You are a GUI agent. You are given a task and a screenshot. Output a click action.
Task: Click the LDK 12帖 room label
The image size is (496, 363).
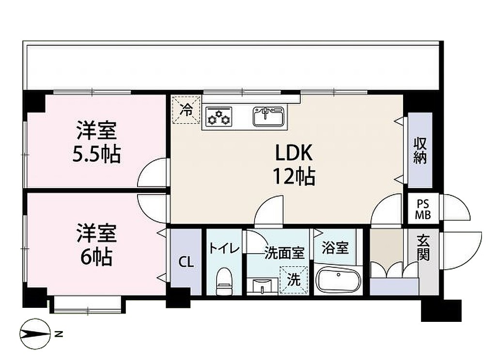pos(294,165)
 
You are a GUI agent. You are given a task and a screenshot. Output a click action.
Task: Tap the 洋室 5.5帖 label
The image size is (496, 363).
pos(96,142)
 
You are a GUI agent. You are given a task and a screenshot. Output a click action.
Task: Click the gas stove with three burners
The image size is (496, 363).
pos(218,117)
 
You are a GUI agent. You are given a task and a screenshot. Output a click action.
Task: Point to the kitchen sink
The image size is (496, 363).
pos(268,117)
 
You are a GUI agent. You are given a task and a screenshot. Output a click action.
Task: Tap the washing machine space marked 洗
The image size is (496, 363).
pos(294,280)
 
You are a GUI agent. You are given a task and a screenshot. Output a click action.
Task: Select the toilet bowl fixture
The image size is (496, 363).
pos(225,280)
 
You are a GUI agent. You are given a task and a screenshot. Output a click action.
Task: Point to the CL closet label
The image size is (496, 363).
pos(186,262)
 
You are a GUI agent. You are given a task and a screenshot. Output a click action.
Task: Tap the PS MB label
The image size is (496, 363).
pos(422,210)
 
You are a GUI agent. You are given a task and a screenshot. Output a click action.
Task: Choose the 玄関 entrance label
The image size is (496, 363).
pos(423,248)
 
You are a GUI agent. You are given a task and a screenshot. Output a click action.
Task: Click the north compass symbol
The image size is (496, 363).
pos(35,333)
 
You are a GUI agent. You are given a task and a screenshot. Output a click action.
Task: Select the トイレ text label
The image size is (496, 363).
pos(224,249)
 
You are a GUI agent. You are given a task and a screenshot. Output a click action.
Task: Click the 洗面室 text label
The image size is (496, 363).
pos(284,253)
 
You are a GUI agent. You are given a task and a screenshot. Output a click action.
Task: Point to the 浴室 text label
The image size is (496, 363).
pos(335,248)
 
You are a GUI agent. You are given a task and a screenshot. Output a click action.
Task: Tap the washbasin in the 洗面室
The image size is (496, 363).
pos(263,287)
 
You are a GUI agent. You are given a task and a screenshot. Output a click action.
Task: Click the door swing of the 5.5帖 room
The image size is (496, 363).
pos(152,172)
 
